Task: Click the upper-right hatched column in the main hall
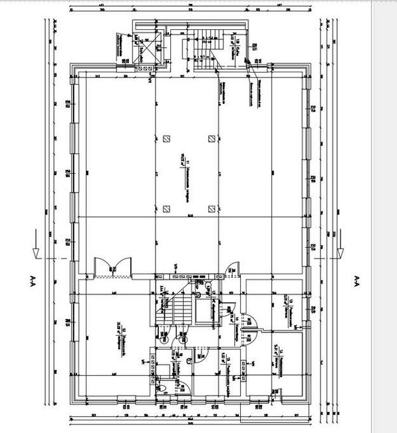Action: (x=211, y=139)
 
